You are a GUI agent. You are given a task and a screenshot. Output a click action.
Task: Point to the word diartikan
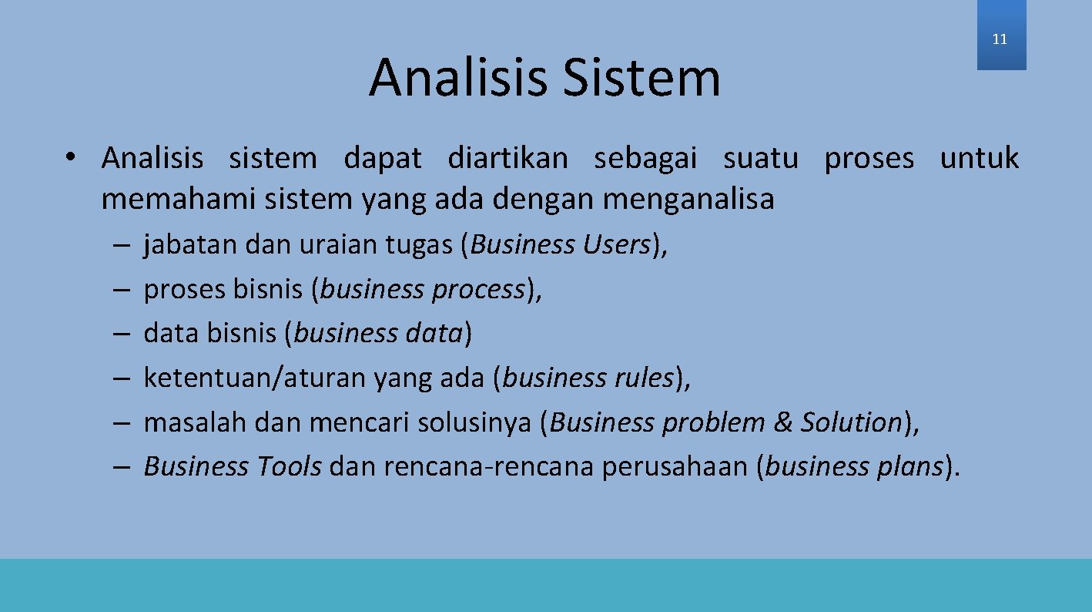[x=507, y=159]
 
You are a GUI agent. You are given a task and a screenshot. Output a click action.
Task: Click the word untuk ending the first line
[x=979, y=159]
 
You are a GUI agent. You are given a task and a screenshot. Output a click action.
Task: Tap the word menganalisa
[x=688, y=200]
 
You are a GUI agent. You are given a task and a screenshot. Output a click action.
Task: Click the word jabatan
[x=191, y=245]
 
